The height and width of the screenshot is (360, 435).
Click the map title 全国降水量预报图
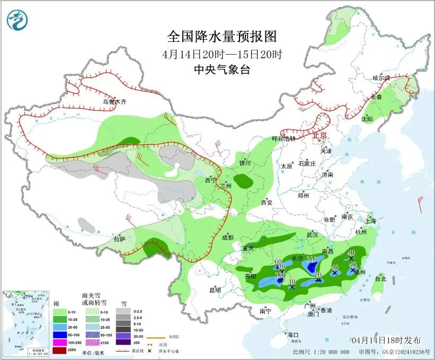pos(222,37)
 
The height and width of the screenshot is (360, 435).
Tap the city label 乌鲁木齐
pos(115,102)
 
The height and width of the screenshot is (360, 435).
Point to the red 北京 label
pos(320,136)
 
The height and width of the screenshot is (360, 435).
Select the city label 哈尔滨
pos(380,78)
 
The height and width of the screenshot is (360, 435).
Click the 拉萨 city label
pos(119,240)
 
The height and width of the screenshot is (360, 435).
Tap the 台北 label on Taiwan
pos(380,278)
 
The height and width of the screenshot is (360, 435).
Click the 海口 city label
pos(293,335)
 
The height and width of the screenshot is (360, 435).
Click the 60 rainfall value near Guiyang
pos(278,261)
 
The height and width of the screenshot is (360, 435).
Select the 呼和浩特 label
pos(282,138)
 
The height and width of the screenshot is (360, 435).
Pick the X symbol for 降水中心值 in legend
pos(150,351)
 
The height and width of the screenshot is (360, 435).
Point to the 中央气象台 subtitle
pos(222,69)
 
